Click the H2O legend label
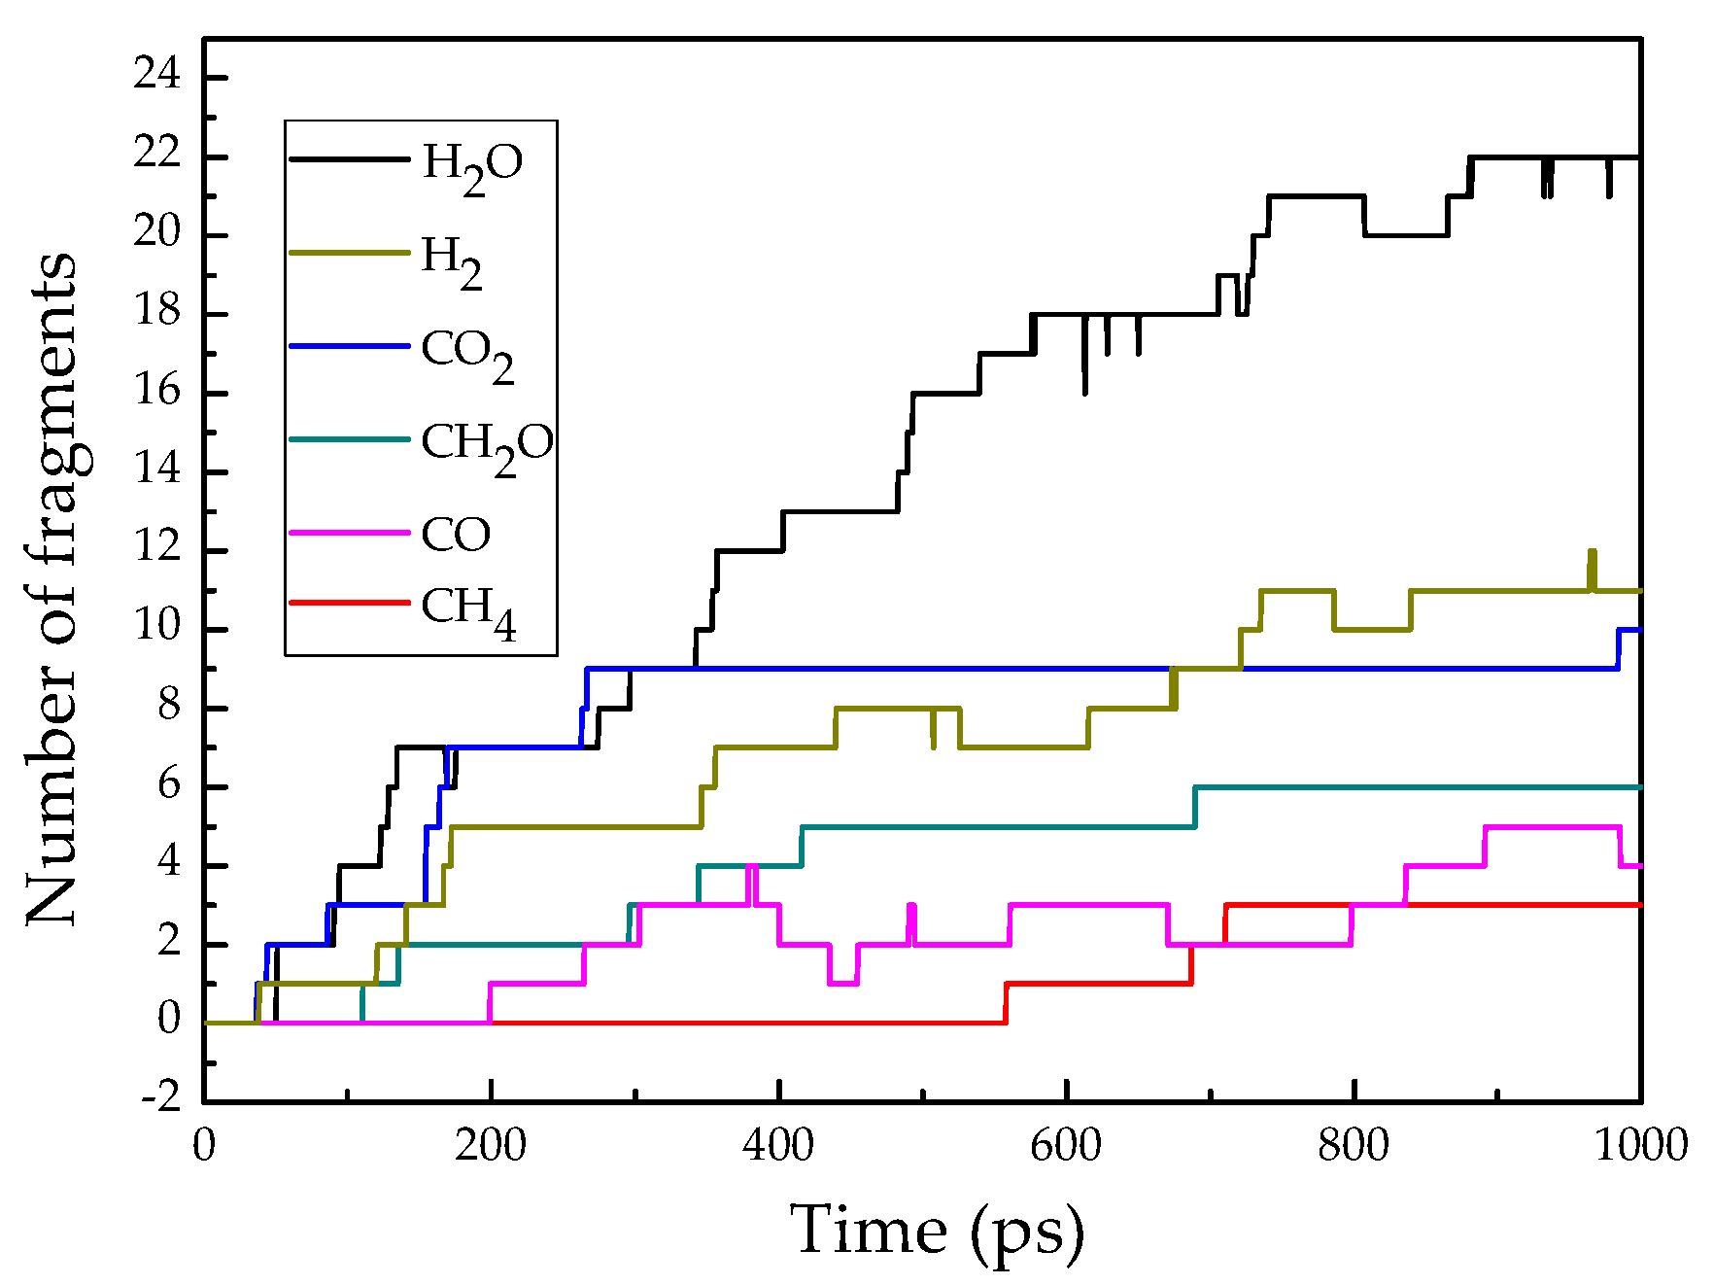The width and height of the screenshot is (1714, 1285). coord(472,165)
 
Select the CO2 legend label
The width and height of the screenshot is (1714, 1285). coord(466,353)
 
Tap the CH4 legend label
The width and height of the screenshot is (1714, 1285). coord(467,611)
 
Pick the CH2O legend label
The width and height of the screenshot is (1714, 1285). coord(486,446)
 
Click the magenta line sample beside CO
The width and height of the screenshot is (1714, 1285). coord(349,533)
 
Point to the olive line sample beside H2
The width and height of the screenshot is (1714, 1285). coord(349,253)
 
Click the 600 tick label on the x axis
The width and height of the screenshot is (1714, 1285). coord(1066,1145)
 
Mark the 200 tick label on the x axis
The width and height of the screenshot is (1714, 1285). coord(491,1145)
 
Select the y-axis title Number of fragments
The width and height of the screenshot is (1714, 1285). coord(51,588)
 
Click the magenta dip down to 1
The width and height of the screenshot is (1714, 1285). coord(842,982)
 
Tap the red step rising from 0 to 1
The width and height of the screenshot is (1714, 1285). coord(1006,1003)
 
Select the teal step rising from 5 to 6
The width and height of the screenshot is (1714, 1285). coord(1194,807)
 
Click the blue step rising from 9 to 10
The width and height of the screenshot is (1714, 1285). coord(1619,649)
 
